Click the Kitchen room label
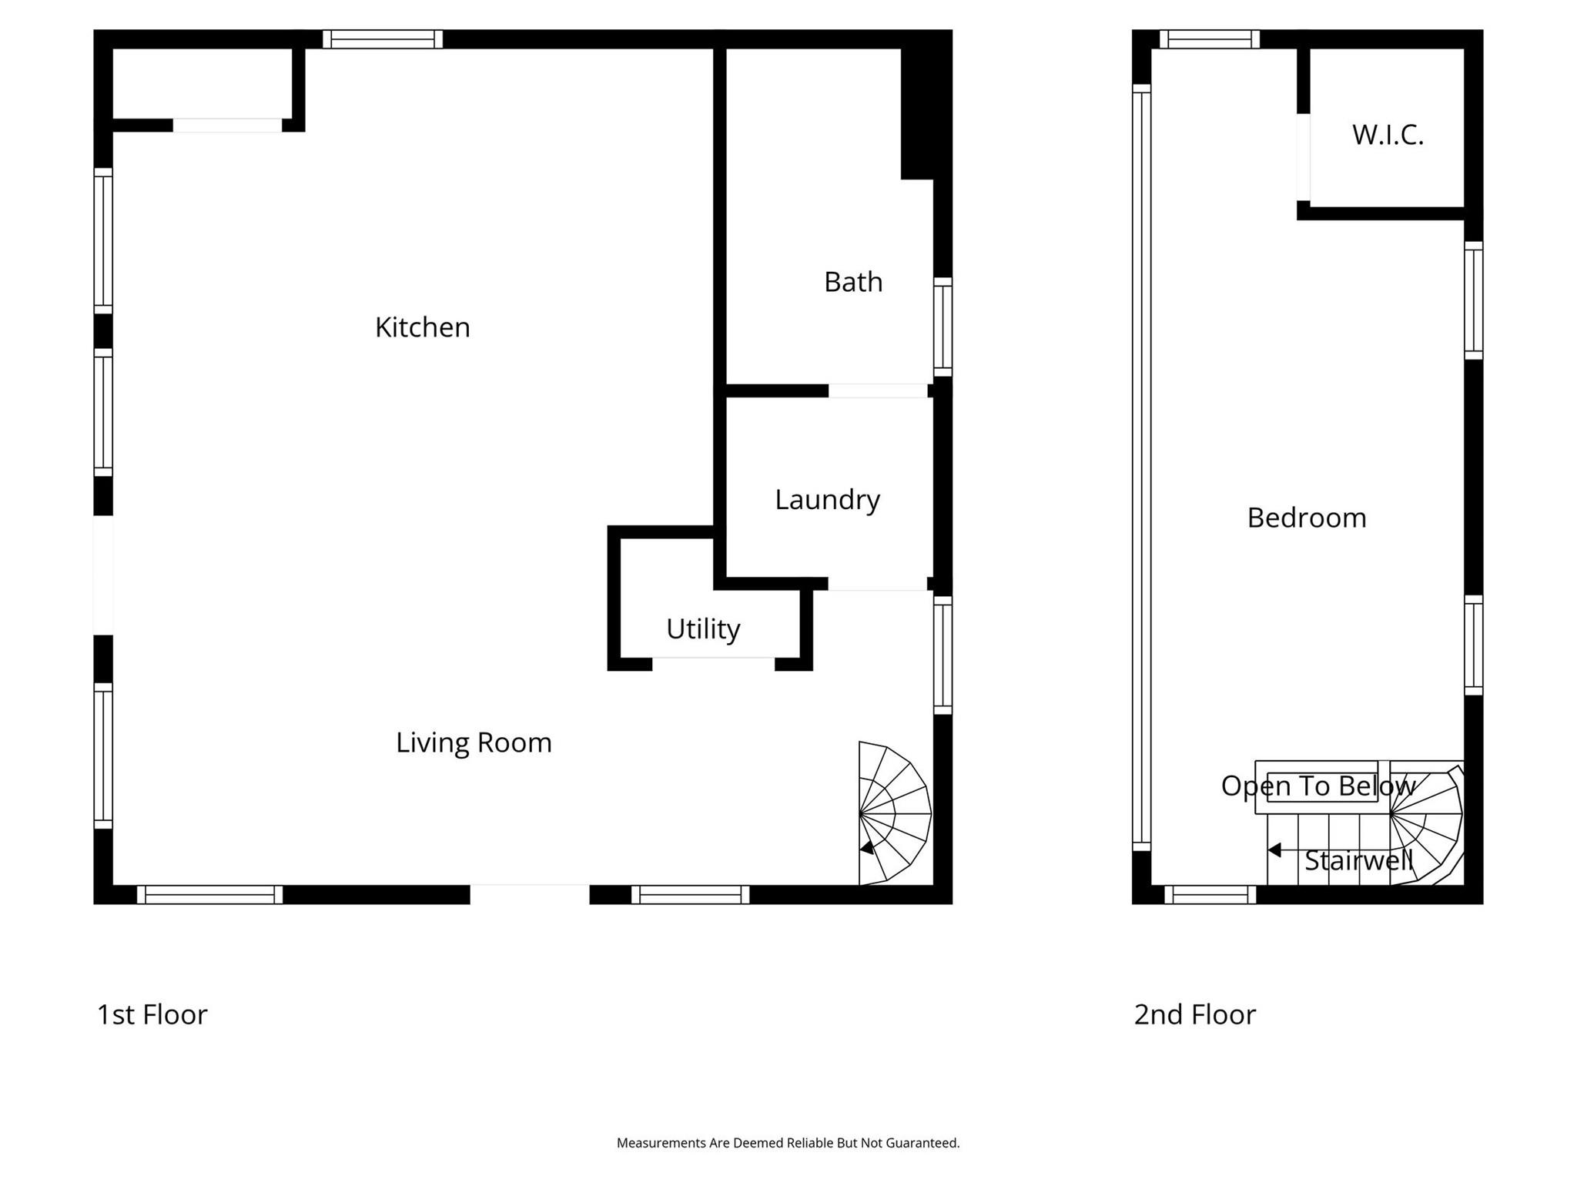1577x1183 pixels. pos(422,327)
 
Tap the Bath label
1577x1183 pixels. pos(852,282)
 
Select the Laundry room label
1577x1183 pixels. pos(827,500)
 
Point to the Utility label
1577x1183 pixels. pos(702,629)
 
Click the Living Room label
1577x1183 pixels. pos(474,742)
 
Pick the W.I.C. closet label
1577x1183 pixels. pos(1388,135)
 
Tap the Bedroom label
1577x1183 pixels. pos(1306,518)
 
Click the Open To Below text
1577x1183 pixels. pos(1318,786)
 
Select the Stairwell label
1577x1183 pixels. pos(1358,860)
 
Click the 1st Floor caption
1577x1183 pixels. pos(152,1014)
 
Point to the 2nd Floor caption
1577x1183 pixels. pos(1194,1014)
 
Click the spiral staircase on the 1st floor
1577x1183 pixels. pos(893,813)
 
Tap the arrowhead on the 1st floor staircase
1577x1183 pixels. pos(867,848)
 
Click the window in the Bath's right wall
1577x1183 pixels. pos(943,327)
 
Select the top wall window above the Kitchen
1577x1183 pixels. pos(382,39)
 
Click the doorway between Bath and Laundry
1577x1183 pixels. pos(877,390)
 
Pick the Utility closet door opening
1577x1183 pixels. pos(713,664)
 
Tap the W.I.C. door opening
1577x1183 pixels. pos(1303,157)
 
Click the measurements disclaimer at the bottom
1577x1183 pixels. pos(788,1143)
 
